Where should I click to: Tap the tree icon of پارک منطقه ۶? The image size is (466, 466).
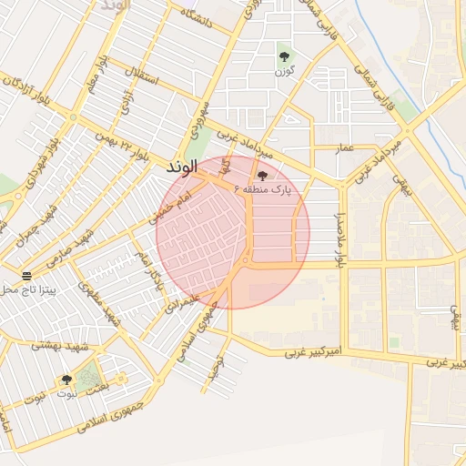tap(263, 175)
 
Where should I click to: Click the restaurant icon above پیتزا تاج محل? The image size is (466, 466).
tap(26, 275)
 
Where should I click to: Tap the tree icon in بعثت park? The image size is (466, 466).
tap(66, 380)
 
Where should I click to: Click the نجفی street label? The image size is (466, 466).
tap(400, 188)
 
